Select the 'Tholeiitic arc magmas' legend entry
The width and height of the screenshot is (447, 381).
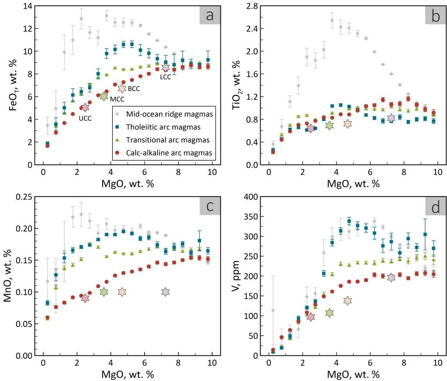pyautogui.click(x=167, y=128)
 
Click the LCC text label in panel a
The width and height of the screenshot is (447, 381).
pyautogui.click(x=165, y=77)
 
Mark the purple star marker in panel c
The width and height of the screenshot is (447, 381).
pyautogui.click(x=165, y=292)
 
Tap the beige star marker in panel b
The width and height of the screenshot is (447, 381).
pyautogui.click(x=347, y=123)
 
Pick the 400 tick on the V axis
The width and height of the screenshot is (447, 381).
pyautogui.click(x=253, y=197)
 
